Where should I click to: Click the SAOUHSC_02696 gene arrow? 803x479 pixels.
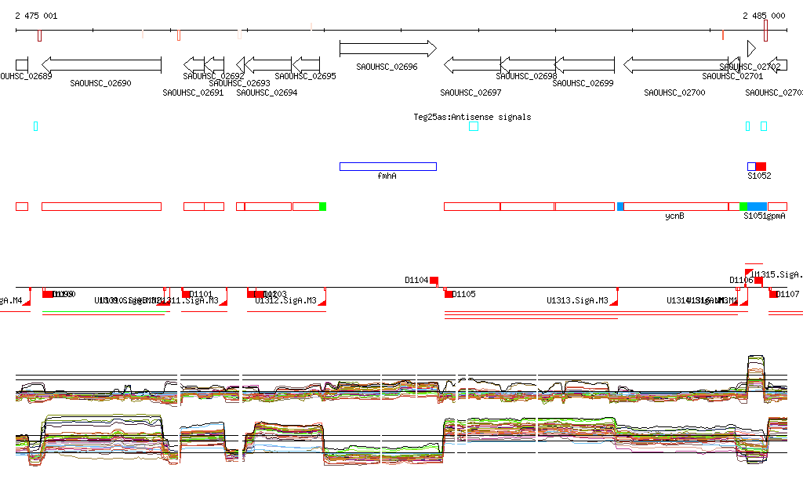(387, 49)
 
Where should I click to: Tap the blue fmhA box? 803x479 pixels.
(387, 166)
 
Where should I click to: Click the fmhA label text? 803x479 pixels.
(387, 176)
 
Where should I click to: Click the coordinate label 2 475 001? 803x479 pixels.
(36, 16)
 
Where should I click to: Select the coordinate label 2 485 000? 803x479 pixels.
(764, 16)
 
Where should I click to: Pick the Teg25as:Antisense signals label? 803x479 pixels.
(472, 117)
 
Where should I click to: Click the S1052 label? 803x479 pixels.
(758, 176)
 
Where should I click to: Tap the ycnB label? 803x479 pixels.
(674, 216)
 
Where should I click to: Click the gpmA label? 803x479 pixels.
(776, 216)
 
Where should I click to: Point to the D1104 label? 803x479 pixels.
(416, 279)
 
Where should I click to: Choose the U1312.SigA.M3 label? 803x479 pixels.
(286, 300)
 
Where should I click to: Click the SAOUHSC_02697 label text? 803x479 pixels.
(471, 93)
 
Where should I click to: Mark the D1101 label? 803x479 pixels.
(202, 295)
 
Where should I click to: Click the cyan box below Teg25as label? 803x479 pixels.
(473, 126)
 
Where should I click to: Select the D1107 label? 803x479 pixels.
(788, 295)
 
